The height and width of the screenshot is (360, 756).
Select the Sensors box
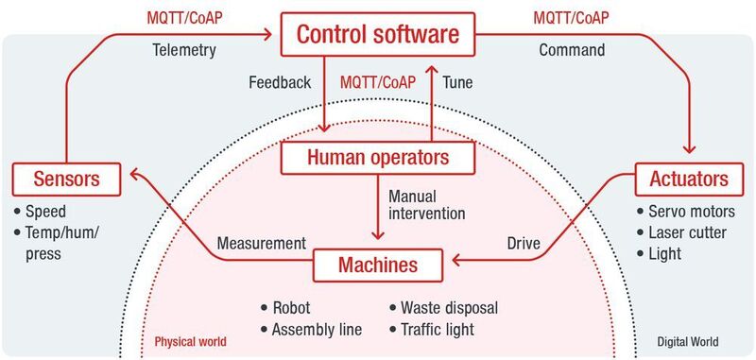pyautogui.click(x=68, y=177)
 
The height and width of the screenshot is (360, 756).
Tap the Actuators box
pyautogui.click(x=688, y=179)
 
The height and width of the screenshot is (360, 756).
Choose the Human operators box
pyautogui.click(x=378, y=158)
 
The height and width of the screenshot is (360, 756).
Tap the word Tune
pyautogui.click(x=458, y=82)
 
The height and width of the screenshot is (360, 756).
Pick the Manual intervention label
pyautogui.click(x=427, y=205)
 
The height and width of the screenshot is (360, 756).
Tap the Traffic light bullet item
pyautogui.click(x=437, y=330)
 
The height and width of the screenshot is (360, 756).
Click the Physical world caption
pyautogui.click(x=190, y=341)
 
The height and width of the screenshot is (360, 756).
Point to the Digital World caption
pyautogui.click(x=689, y=341)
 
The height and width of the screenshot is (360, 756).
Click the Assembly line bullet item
pyautogui.click(x=317, y=330)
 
